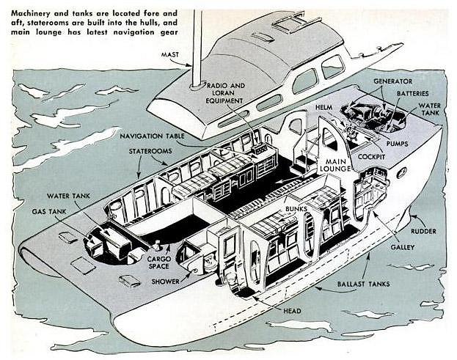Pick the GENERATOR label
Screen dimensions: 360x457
point(392,80)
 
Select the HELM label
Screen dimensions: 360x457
point(323,107)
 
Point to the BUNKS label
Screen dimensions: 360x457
point(297,209)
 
